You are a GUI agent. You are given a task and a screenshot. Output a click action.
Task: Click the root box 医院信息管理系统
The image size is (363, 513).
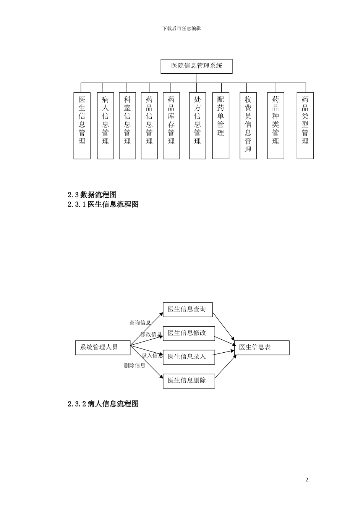pyautogui.click(x=196, y=66)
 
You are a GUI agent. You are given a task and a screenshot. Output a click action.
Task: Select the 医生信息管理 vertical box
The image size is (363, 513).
pyautogui.click(x=82, y=125)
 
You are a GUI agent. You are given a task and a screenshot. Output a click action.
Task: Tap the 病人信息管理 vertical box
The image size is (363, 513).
pyautogui.click(x=105, y=125)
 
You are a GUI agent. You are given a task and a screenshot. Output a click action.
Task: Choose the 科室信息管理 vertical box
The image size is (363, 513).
pyautogui.click(x=127, y=125)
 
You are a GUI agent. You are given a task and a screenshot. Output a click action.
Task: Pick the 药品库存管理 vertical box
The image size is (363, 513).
pyautogui.click(x=171, y=125)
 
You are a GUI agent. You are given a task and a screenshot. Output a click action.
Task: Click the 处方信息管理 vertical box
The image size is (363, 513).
pyautogui.click(x=197, y=125)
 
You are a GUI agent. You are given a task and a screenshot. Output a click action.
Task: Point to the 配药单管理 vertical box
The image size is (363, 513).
pyautogui.click(x=220, y=125)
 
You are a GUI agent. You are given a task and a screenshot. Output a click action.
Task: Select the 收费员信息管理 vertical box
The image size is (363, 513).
pyautogui.click(x=248, y=125)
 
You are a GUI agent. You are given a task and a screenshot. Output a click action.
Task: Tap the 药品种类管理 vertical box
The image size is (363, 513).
pyautogui.click(x=275, y=125)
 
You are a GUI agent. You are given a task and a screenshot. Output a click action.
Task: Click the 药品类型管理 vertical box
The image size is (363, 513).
pyautogui.click(x=305, y=125)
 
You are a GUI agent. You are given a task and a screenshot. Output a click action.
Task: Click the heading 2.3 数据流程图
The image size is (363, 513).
pyautogui.click(x=92, y=195)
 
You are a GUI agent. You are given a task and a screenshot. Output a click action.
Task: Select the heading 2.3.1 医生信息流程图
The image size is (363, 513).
pyautogui.click(x=103, y=204)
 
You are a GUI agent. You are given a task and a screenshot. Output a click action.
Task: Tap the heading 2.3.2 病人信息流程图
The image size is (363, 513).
pyautogui.click(x=103, y=404)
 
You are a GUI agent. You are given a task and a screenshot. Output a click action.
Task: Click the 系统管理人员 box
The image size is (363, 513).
pyautogui.click(x=102, y=347)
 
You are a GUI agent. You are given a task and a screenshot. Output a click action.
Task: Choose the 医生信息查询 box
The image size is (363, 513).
pyautogui.click(x=187, y=309)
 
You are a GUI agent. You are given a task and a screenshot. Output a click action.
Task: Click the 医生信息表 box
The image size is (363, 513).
pyautogui.click(x=261, y=347)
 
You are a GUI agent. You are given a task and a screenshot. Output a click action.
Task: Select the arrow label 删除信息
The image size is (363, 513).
pyautogui.click(x=135, y=365)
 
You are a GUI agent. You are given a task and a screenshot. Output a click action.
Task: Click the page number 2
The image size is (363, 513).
pyautogui.click(x=306, y=480)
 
